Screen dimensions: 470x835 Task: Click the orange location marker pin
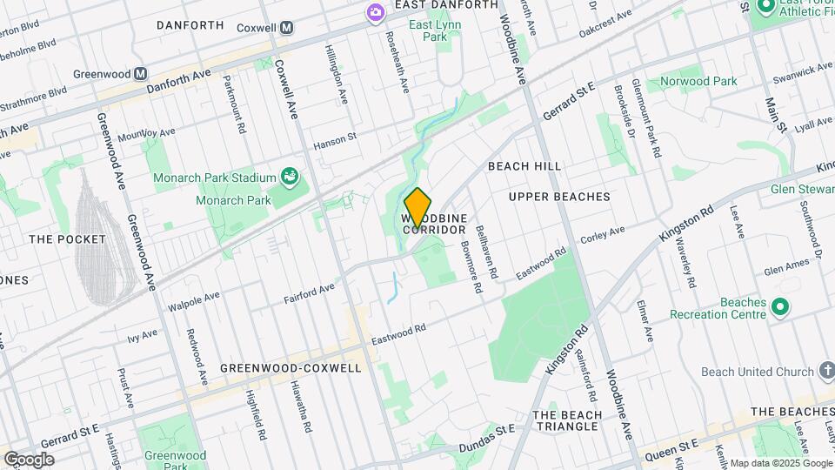coord(417,208)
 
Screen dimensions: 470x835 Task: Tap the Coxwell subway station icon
coord(286,28)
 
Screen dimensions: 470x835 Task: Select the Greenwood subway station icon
coord(140,74)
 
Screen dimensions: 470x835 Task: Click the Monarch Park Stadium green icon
coord(291,178)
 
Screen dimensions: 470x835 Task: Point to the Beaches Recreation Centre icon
coord(780,306)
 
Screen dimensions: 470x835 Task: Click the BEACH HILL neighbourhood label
coord(524,165)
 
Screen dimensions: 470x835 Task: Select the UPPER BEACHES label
coord(559,197)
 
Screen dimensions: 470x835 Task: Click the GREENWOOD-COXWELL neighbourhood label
coord(291,368)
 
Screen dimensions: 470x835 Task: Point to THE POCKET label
coord(67,238)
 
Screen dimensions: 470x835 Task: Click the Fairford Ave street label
coord(309,293)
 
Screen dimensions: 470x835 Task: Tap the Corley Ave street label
coord(603,233)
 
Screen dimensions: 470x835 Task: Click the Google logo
coord(29,460)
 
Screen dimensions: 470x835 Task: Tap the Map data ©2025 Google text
coord(781,463)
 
